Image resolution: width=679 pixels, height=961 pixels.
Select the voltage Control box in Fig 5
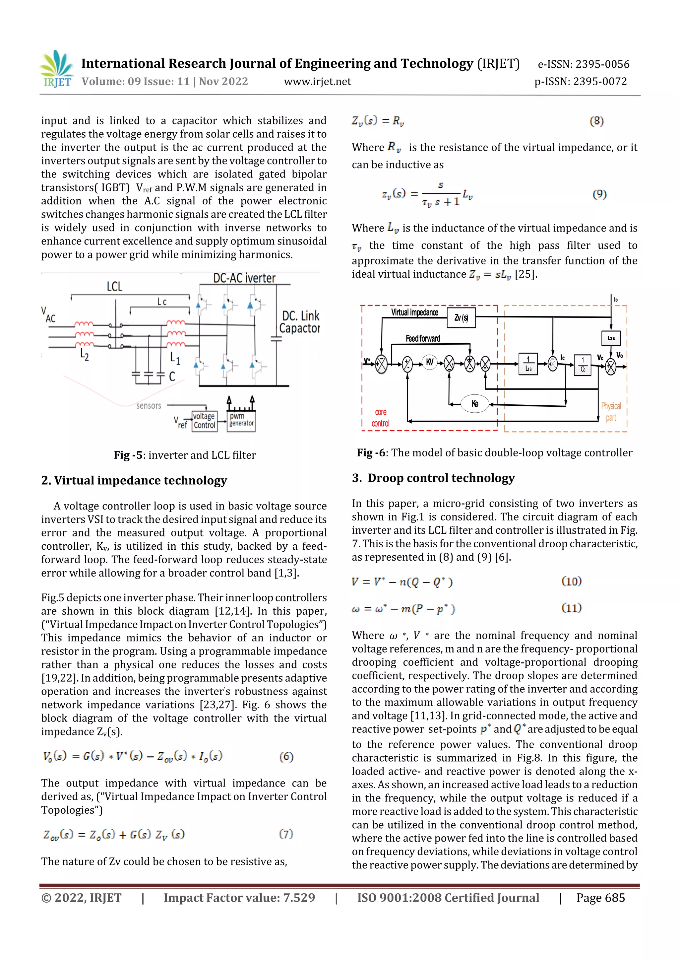click(x=204, y=421)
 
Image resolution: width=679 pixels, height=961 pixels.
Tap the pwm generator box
click(x=241, y=420)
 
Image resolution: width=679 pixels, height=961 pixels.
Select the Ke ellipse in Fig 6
click(x=474, y=403)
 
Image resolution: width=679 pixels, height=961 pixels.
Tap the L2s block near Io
click(x=611, y=338)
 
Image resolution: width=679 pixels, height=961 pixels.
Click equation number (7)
click(x=286, y=834)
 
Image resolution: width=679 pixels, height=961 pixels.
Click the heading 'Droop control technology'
click(x=441, y=478)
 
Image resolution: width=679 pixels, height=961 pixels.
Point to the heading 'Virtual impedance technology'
click(x=141, y=480)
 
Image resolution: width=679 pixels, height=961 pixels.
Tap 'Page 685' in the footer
click(x=600, y=898)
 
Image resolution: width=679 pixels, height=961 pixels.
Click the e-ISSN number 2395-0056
click(x=602, y=64)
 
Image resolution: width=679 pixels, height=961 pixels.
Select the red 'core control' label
click(x=380, y=418)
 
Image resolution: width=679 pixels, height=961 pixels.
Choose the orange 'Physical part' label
click(x=611, y=412)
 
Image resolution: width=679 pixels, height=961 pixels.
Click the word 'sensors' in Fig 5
click(x=149, y=406)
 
